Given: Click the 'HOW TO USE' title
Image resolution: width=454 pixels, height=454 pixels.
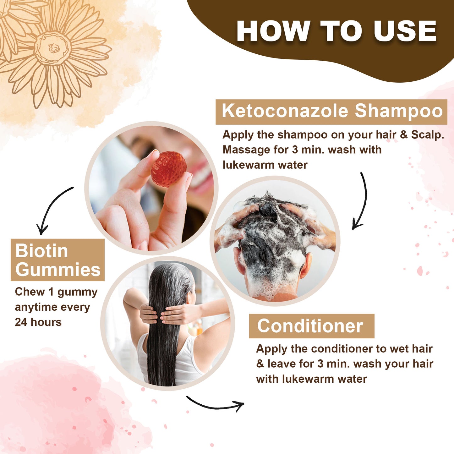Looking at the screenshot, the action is (336, 31).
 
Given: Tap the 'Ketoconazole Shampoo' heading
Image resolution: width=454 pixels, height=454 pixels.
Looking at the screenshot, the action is (331, 112).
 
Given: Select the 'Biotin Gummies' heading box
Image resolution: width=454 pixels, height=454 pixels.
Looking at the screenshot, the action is (57, 260).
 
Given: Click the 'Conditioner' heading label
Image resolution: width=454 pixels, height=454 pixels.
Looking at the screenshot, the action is (311, 326).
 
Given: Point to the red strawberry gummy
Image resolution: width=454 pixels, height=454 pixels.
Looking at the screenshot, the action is (168, 169).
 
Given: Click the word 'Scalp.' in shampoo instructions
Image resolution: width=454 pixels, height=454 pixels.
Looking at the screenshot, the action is (428, 135).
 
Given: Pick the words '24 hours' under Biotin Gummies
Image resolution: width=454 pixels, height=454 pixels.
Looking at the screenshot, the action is (38, 322).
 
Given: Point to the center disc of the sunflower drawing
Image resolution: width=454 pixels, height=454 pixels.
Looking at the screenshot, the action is (52, 48).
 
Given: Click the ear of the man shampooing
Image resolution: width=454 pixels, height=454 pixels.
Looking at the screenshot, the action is (305, 265).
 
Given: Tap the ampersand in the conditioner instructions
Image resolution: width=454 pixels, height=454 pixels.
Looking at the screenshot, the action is (260, 364).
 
